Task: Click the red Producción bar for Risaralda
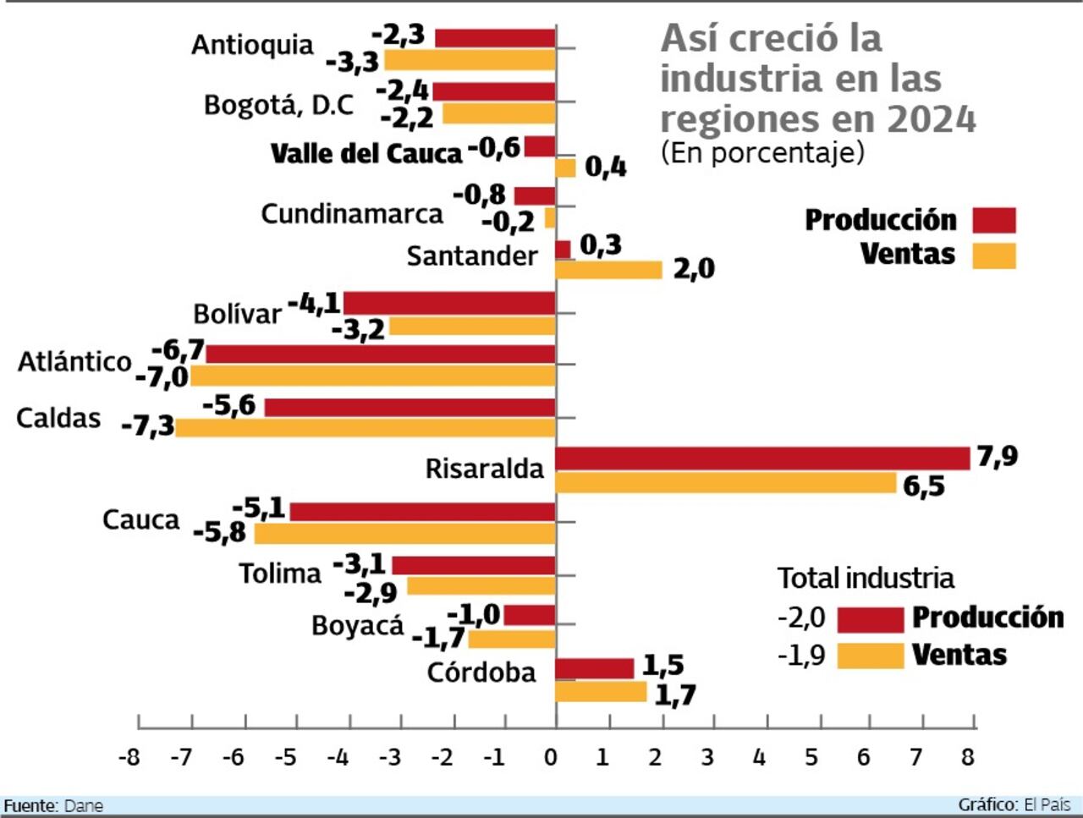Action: click(x=761, y=458)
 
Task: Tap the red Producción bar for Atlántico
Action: click(x=381, y=354)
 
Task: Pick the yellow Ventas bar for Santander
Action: click(x=608, y=270)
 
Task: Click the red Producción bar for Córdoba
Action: click(x=594, y=668)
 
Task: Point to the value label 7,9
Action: click(x=998, y=457)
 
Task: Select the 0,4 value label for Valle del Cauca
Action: click(x=605, y=167)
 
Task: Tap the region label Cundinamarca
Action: click(x=351, y=214)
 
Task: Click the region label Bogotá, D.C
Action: click(x=278, y=106)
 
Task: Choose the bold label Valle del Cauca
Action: click(x=366, y=153)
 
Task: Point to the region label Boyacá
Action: click(x=357, y=626)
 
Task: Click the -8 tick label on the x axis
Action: click(x=129, y=756)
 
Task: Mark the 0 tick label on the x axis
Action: click(x=551, y=756)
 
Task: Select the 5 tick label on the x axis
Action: click(x=811, y=756)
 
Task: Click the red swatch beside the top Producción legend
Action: click(x=993, y=220)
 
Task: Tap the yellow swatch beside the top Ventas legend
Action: click(x=993, y=255)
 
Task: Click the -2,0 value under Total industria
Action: click(x=800, y=618)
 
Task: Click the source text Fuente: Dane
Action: click(x=53, y=805)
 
